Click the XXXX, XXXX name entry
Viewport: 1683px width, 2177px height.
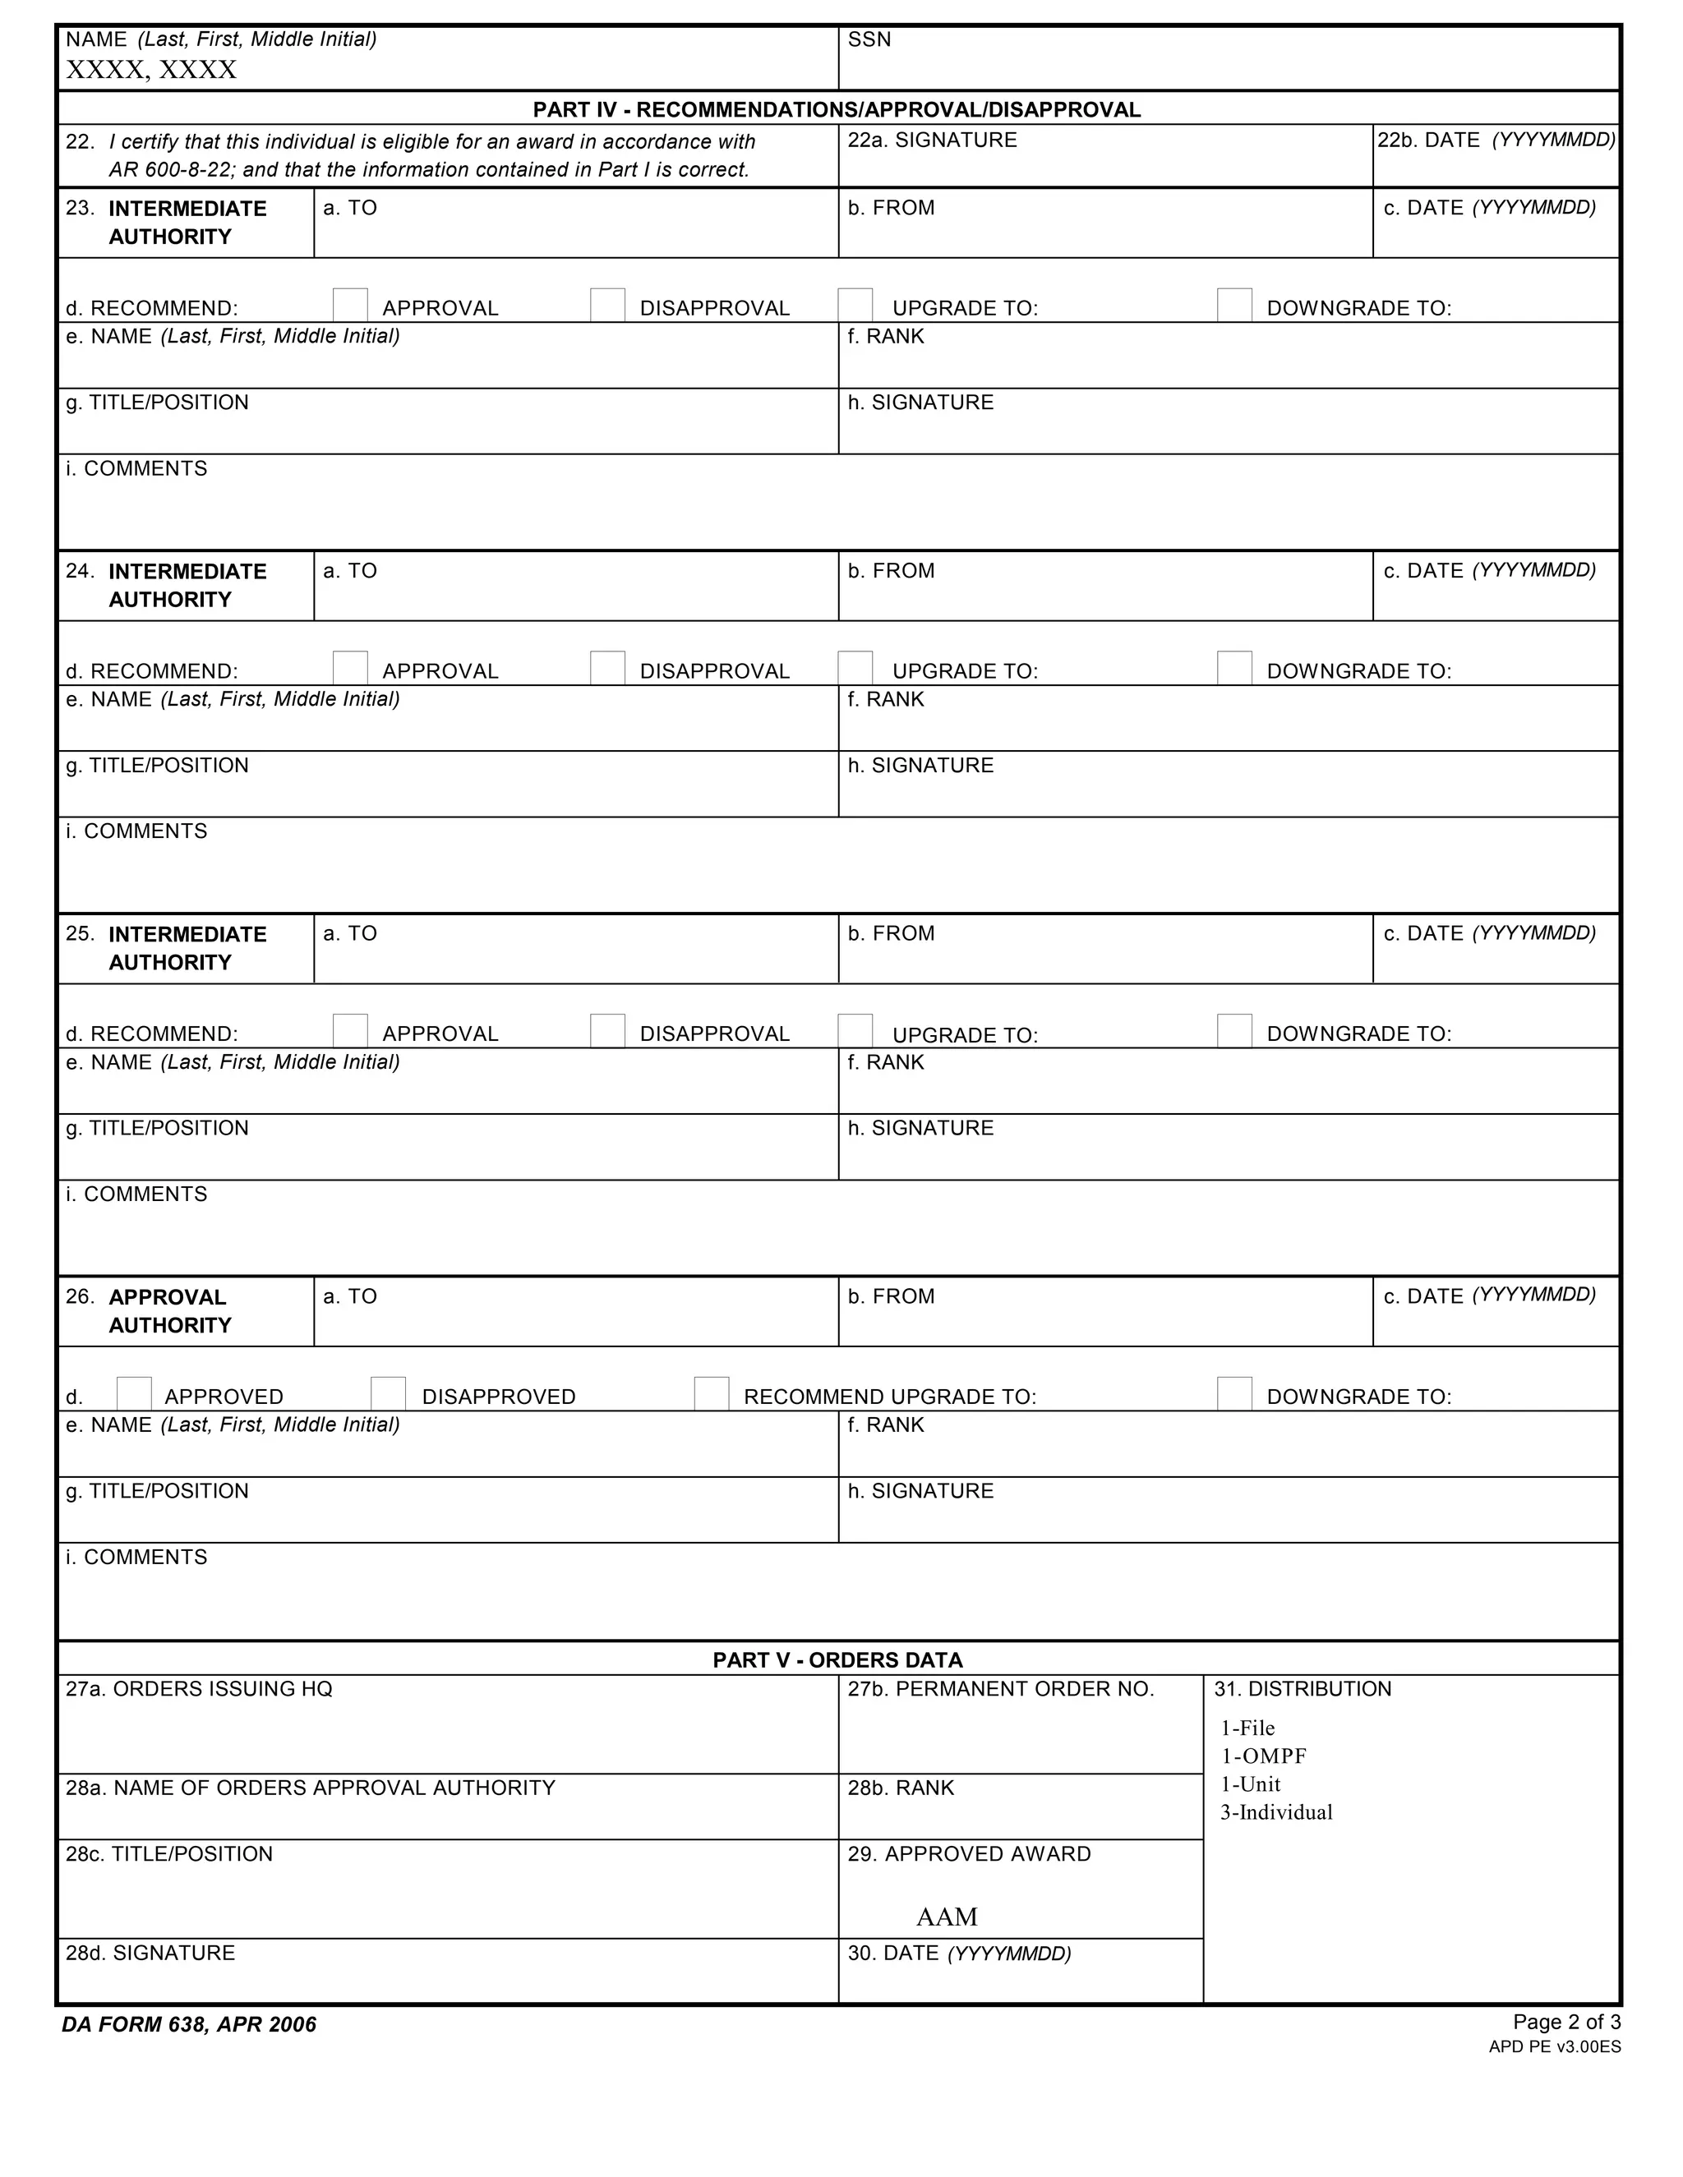(x=150, y=70)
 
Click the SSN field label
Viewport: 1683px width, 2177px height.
(x=869, y=40)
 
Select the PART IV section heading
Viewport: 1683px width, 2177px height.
(x=837, y=109)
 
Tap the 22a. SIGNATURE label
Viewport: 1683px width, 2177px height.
(x=931, y=140)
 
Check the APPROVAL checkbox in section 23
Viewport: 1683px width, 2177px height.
(x=350, y=305)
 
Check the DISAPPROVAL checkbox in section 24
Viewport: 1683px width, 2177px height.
(x=607, y=668)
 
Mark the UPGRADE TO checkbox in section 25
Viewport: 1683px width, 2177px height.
(x=855, y=1031)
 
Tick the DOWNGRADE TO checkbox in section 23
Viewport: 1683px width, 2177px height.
(x=1233, y=305)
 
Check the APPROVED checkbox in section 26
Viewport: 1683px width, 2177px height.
(x=135, y=1393)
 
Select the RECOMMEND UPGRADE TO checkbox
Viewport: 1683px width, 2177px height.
(x=711, y=1393)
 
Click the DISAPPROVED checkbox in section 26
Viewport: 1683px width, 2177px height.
(x=388, y=1393)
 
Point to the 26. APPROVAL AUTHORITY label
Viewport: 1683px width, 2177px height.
(x=168, y=1311)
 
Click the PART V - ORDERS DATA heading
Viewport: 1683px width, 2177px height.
(x=837, y=1659)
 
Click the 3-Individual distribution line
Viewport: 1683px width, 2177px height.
(x=1275, y=1812)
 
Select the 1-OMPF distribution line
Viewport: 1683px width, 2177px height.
(x=1262, y=1756)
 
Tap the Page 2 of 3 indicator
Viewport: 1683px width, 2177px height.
(x=1565, y=2022)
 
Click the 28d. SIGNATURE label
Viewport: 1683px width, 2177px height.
(x=150, y=1954)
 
